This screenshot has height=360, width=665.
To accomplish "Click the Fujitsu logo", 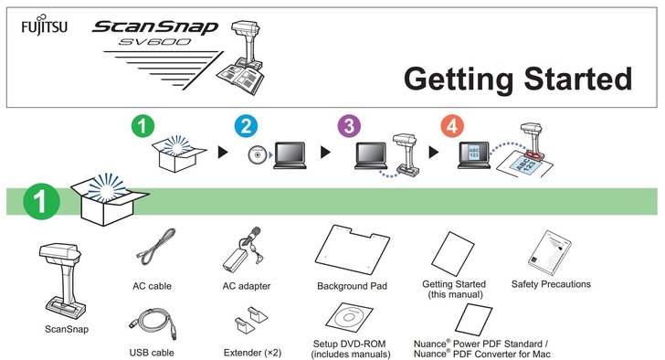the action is (x=44, y=26).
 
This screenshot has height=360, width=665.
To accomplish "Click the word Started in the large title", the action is (x=577, y=79).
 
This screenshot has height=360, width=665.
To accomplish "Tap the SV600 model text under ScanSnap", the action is (x=154, y=41).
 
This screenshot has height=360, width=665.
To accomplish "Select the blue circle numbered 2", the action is (x=246, y=126).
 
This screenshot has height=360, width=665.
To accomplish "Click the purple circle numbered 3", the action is (x=349, y=126).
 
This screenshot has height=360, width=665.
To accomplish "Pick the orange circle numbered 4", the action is (x=452, y=126).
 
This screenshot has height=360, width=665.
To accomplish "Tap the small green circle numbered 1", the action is (x=142, y=126).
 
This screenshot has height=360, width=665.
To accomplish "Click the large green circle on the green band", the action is (x=42, y=201).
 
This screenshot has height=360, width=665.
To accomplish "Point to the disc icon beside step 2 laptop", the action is (x=258, y=154).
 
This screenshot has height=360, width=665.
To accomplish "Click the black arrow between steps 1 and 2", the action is (x=223, y=153).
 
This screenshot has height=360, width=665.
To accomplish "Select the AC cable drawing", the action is (x=155, y=247).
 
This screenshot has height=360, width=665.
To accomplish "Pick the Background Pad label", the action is (x=352, y=286).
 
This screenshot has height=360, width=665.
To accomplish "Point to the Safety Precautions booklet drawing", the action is (x=550, y=253).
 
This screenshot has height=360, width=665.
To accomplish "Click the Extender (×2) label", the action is (x=252, y=353).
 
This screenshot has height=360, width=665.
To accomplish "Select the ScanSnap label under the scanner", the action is (x=67, y=330).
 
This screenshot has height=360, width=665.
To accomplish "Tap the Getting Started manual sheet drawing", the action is (x=453, y=254).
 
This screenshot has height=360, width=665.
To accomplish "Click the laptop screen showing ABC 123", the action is (x=474, y=153).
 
